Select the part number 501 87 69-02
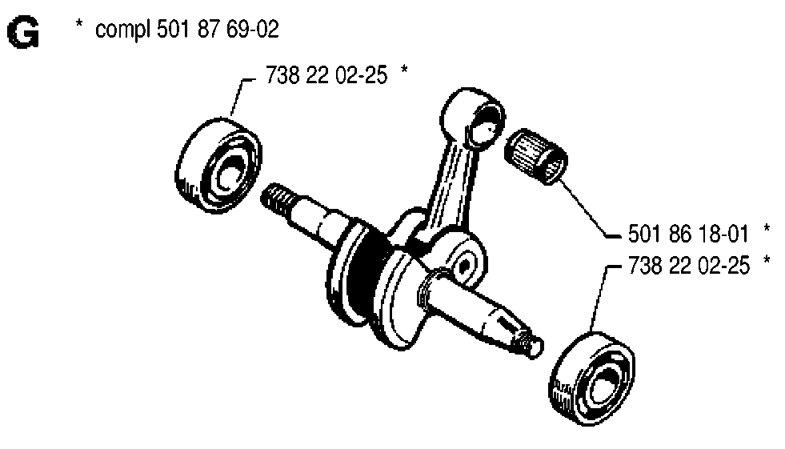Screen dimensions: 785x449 (218, 29)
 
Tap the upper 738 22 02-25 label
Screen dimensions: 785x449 (326, 75)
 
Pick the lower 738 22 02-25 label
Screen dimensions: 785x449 (689, 265)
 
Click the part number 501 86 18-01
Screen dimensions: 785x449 (688, 234)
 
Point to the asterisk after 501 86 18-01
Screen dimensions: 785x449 (767, 229)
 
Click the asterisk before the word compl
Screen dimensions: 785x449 (78, 25)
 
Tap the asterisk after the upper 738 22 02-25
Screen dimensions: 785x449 (404, 70)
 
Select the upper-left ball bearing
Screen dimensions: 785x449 (218, 166)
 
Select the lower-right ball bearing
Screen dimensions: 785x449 (592, 379)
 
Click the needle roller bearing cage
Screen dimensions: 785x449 (536, 156)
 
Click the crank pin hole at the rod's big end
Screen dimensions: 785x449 (463, 265)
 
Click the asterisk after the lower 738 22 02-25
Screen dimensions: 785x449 (767, 260)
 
